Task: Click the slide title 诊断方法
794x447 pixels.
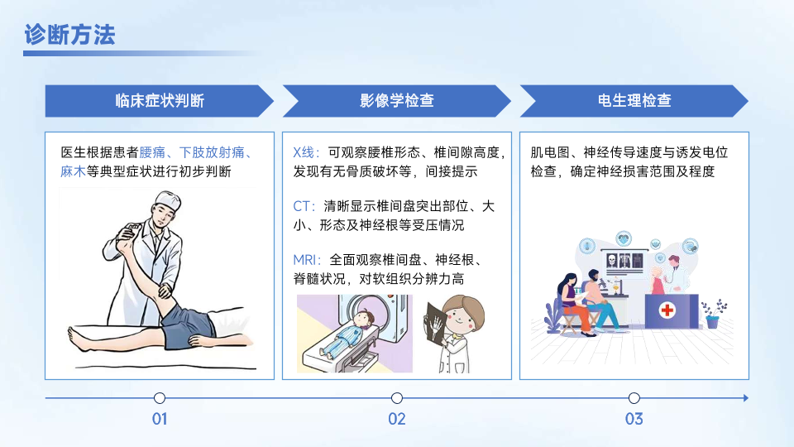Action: (69, 35)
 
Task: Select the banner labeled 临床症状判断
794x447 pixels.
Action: (159, 101)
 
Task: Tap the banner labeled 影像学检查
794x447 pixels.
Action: (396, 101)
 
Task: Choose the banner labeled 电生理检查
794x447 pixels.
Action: (634, 101)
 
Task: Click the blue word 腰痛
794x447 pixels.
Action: (152, 152)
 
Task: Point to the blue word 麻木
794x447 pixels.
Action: (73, 172)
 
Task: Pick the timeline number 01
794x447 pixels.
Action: (160, 419)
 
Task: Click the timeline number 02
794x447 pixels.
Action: (397, 419)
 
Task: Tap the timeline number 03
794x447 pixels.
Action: (634, 419)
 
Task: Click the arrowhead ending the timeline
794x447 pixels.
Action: (746, 398)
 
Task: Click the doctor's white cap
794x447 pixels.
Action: (168, 200)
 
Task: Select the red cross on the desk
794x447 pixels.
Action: (667, 310)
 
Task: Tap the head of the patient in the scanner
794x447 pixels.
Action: (364, 319)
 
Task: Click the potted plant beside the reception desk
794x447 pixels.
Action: (714, 314)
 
